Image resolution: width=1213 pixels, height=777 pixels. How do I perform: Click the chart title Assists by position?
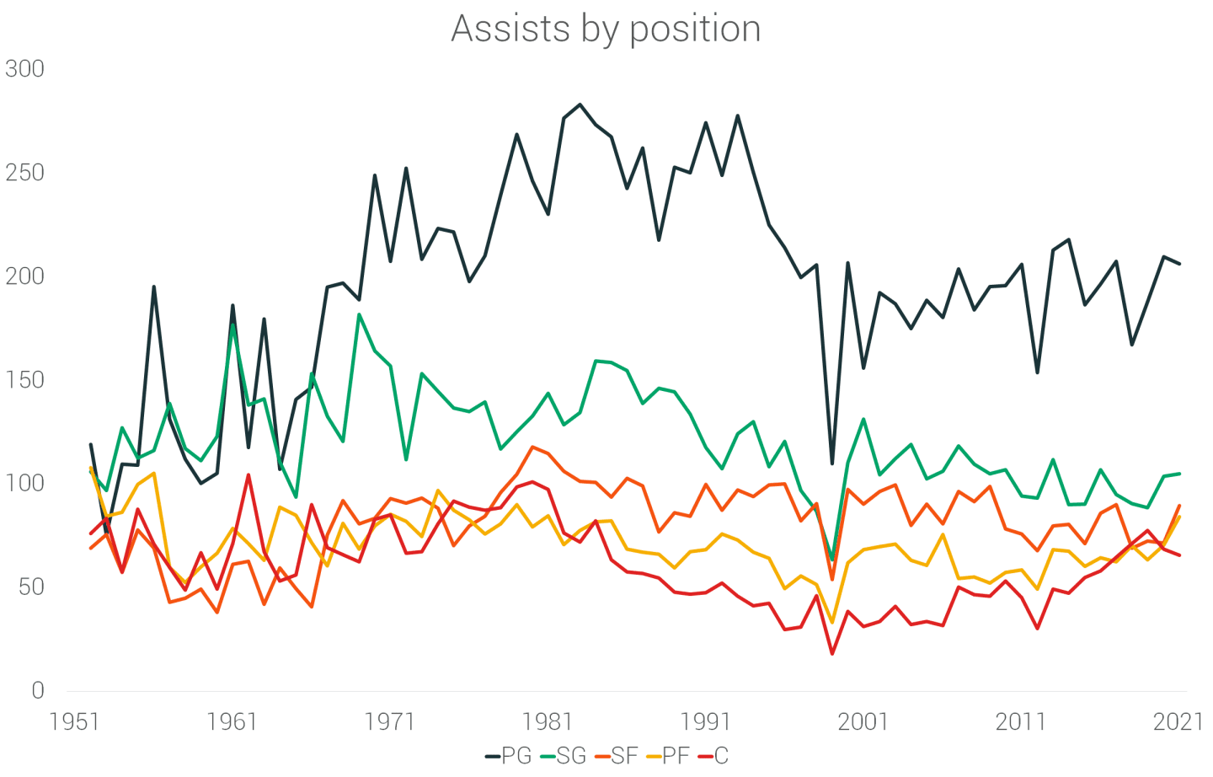click(606, 29)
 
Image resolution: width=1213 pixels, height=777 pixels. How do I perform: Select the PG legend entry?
click(509, 756)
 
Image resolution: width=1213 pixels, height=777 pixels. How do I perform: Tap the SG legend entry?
click(563, 756)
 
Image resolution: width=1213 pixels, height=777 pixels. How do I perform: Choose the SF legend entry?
click(616, 756)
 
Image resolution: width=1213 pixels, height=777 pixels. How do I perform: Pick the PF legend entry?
click(668, 756)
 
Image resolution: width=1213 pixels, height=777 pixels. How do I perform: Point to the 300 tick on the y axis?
click(24, 69)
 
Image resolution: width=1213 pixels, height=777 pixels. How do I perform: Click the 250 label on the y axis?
click(24, 173)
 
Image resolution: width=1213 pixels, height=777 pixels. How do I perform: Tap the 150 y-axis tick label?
click(24, 380)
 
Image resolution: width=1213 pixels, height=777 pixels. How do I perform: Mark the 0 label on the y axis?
click(37, 691)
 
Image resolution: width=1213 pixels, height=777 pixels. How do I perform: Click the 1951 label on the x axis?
click(74, 722)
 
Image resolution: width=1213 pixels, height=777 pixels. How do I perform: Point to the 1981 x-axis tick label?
click(548, 722)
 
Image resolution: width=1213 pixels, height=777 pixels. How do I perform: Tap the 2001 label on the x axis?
click(863, 722)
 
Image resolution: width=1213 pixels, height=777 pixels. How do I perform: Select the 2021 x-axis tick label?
click(1178, 722)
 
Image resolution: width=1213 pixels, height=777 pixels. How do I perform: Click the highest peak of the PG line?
click(580, 104)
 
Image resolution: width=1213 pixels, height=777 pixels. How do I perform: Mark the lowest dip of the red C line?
click(832, 653)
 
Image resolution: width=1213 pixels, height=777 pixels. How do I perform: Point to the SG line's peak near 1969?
click(359, 315)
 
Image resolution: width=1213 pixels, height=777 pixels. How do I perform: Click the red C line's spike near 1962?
click(248, 474)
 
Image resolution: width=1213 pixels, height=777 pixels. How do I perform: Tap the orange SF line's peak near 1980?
click(532, 447)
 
